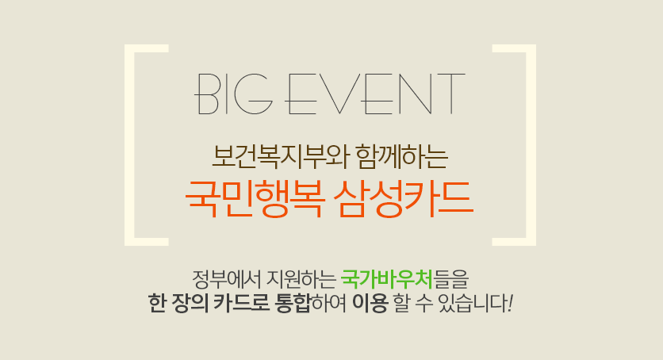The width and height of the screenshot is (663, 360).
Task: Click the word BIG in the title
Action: [233, 94]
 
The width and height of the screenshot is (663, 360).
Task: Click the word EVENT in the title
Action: [374, 94]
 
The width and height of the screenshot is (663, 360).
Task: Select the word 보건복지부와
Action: [280, 157]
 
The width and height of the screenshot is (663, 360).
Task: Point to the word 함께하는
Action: [402, 157]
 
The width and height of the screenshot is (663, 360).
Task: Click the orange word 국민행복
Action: [255, 198]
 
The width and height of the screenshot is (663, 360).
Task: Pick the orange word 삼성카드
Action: [403, 198]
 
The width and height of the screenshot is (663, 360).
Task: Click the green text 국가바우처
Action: [386, 278]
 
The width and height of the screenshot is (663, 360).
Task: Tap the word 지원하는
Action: [301, 278]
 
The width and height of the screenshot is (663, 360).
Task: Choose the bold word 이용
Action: [370, 303]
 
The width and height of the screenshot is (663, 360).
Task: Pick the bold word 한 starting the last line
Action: [157, 303]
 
